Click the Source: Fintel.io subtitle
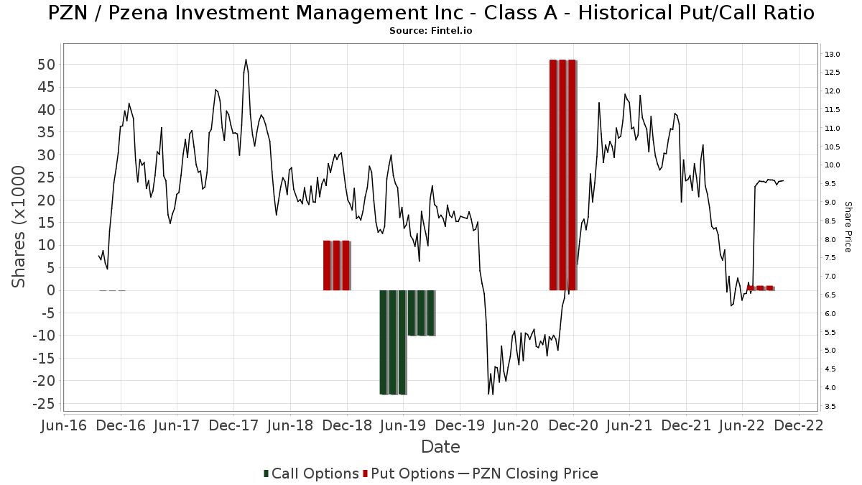[430, 31]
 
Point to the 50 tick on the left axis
[46, 65]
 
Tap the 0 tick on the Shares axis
[51, 290]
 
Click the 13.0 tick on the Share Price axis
[833, 55]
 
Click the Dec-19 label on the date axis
[460, 425]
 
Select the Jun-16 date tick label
[65, 425]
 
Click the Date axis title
[440, 447]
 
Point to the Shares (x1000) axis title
[19, 227]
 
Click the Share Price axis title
[848, 226]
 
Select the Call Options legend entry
[311, 474]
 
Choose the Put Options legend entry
[409, 474]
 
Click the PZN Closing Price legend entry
[528, 474]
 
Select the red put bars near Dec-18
[336, 265]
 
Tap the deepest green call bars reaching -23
[393, 342]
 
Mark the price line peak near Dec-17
[246, 60]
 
